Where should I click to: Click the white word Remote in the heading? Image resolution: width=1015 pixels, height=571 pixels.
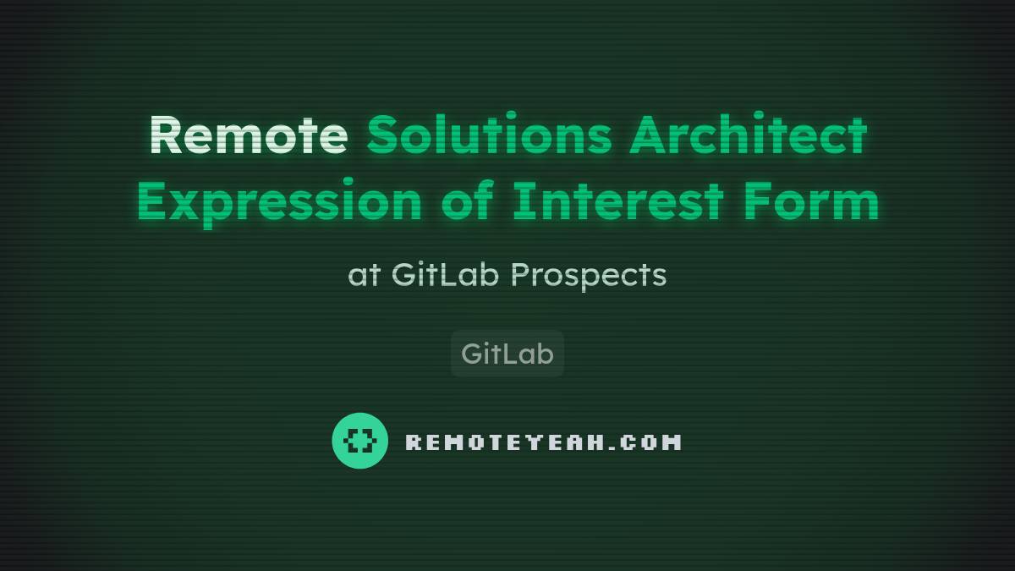pos(249,135)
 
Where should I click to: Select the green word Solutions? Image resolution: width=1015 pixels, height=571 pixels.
pos(488,135)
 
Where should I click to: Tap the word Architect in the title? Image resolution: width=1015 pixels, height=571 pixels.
pos(748,135)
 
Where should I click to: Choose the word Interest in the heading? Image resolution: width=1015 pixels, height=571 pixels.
pos(617,203)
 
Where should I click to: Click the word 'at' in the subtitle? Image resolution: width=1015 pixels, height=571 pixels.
pos(364,275)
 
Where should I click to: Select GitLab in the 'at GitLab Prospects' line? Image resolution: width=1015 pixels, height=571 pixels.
pos(446,274)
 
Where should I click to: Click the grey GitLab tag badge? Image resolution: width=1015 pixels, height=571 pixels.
pos(507,354)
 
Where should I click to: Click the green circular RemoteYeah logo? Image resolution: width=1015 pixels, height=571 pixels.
pos(359,441)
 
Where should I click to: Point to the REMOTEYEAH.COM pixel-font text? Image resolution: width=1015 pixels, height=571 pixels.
pos(543,442)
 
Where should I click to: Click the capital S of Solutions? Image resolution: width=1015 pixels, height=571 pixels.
pos(382,135)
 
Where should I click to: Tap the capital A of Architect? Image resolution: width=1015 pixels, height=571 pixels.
pos(649,135)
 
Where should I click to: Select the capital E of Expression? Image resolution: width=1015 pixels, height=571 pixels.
pos(153,203)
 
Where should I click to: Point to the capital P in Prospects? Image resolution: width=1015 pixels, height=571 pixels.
pos(519,274)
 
